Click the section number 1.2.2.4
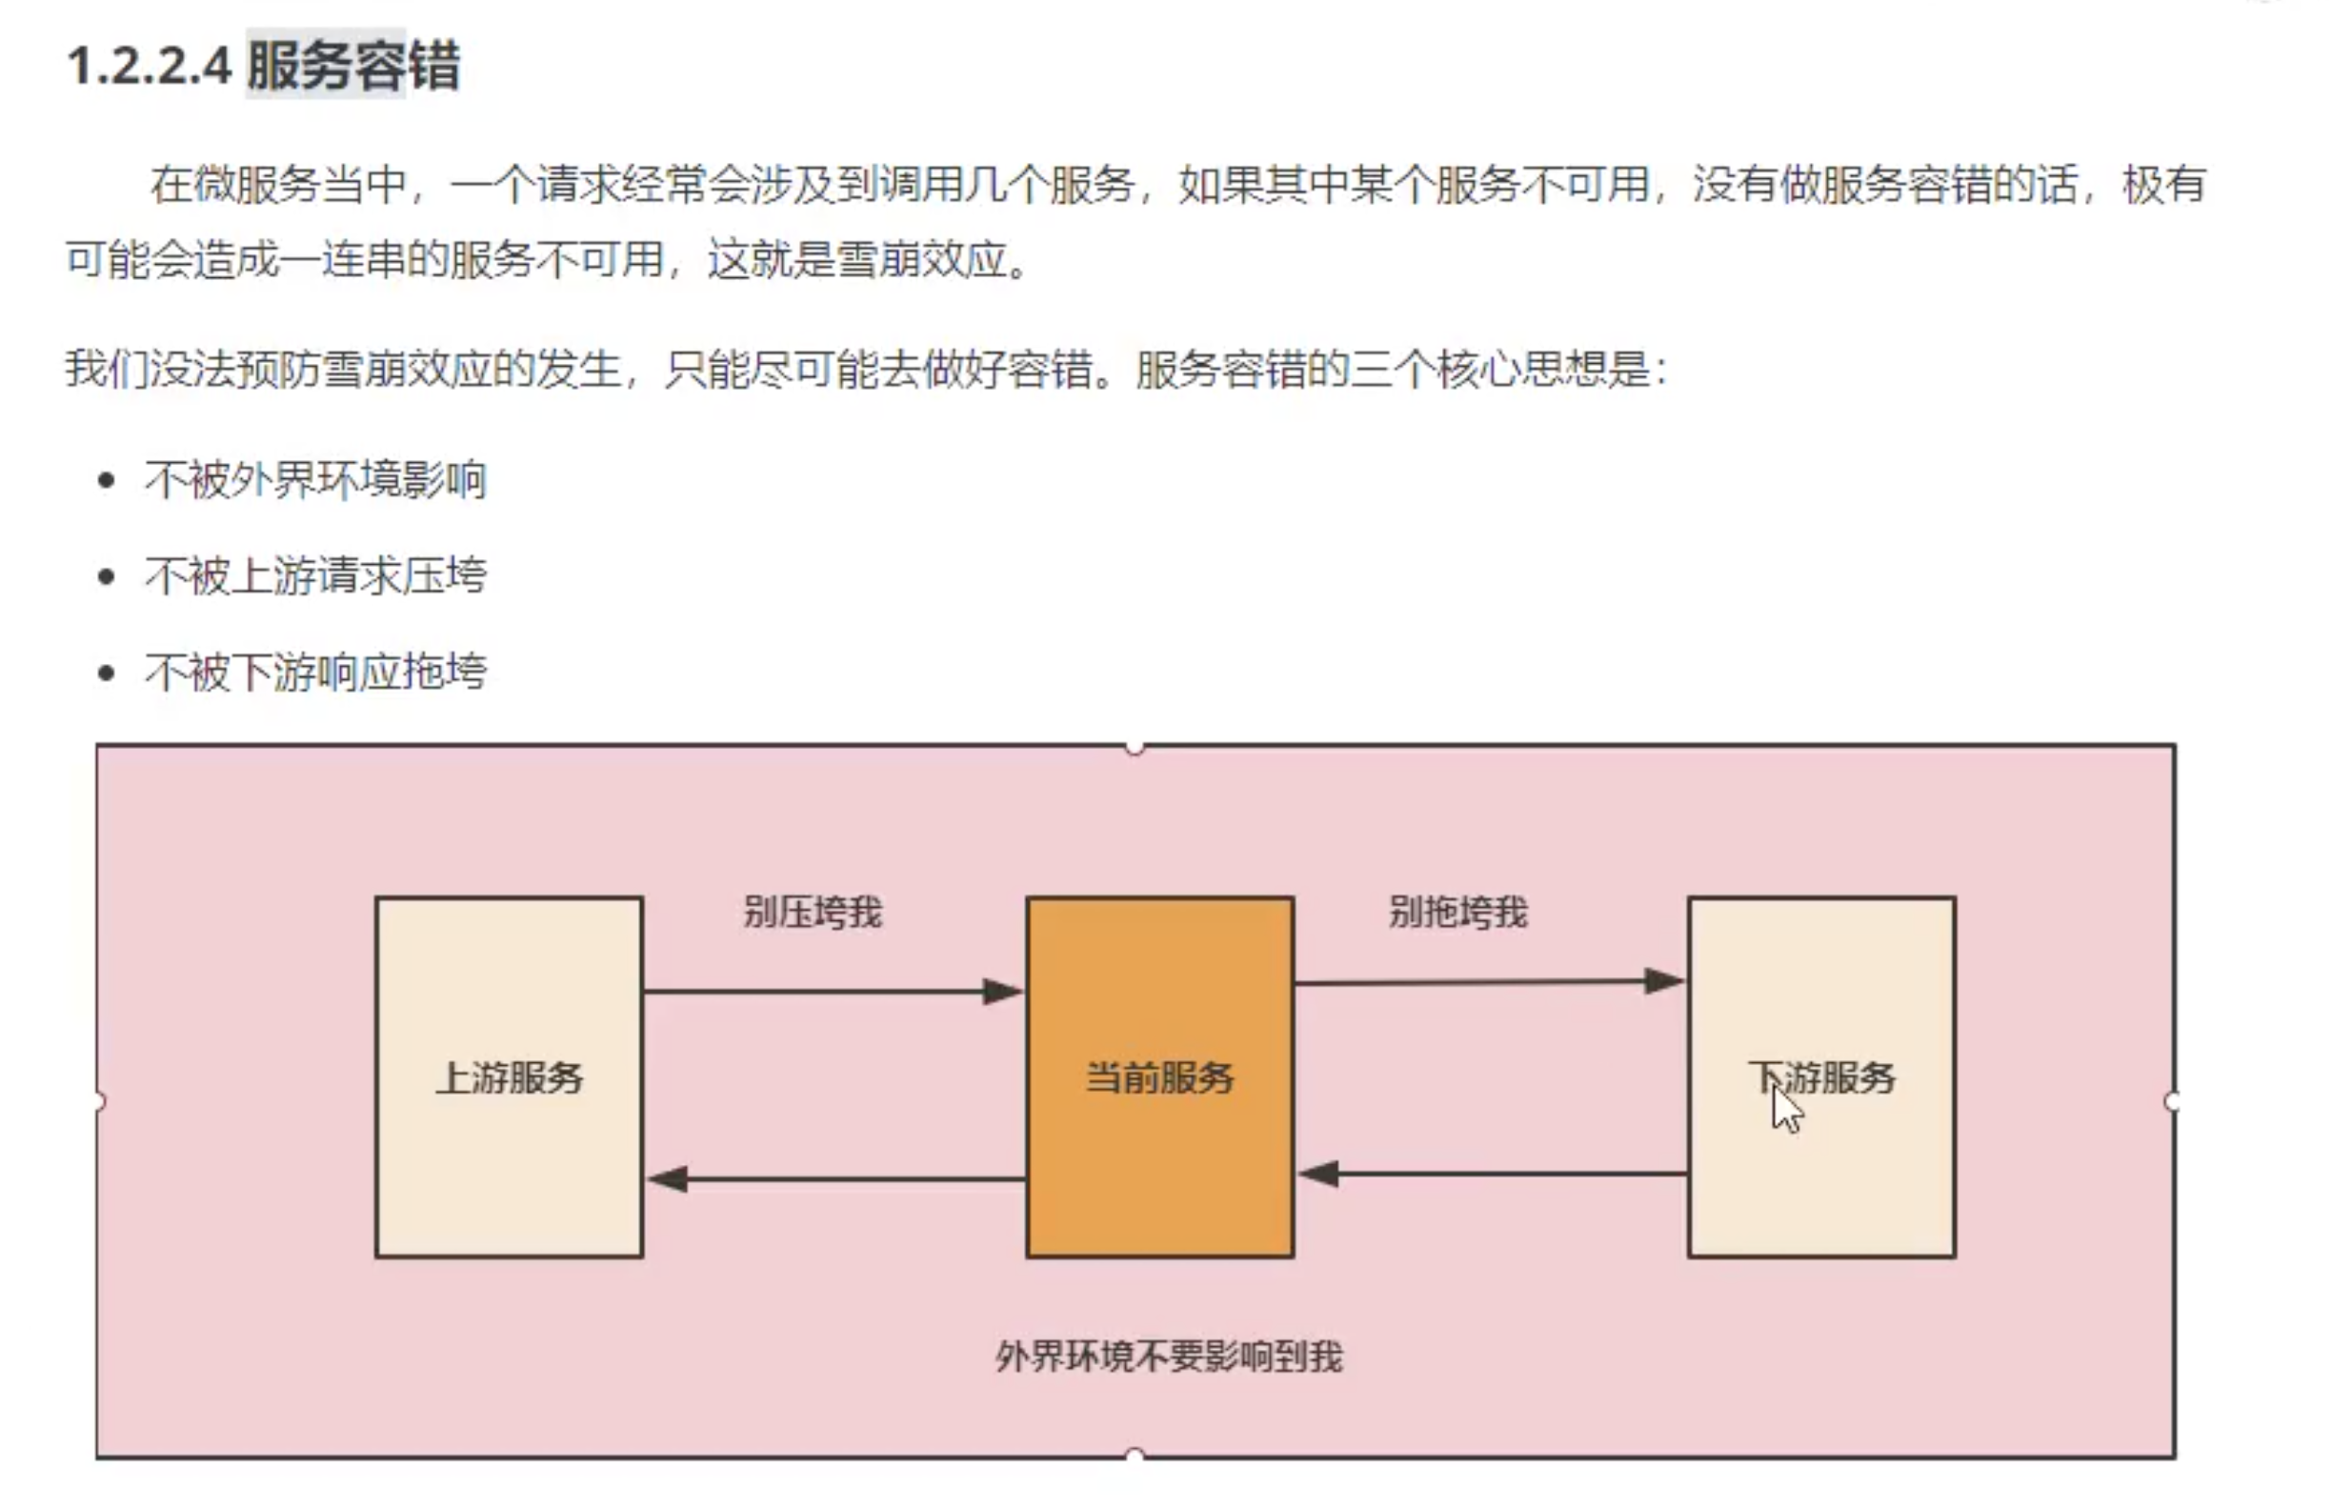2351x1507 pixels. pyautogui.click(x=149, y=67)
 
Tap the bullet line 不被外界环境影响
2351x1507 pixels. pyautogui.click(x=315, y=479)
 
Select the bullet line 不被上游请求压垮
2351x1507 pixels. pyautogui.click(x=315, y=575)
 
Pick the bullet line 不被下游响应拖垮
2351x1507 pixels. pyautogui.click(x=315, y=672)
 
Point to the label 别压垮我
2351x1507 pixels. pyautogui.click(x=812, y=912)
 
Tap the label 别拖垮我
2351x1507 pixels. pyautogui.click(x=1457, y=912)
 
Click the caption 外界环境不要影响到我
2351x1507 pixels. pyautogui.click(x=1169, y=1356)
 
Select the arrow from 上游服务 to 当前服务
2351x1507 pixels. pyautogui.click(x=832, y=992)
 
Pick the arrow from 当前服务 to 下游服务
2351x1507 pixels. pyautogui.click(x=1487, y=981)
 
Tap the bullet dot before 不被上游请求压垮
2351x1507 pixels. pyautogui.click(x=107, y=576)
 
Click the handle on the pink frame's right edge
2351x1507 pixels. pyautogui.click(x=2172, y=1102)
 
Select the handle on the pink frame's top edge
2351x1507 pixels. pyautogui.click(x=1135, y=748)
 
